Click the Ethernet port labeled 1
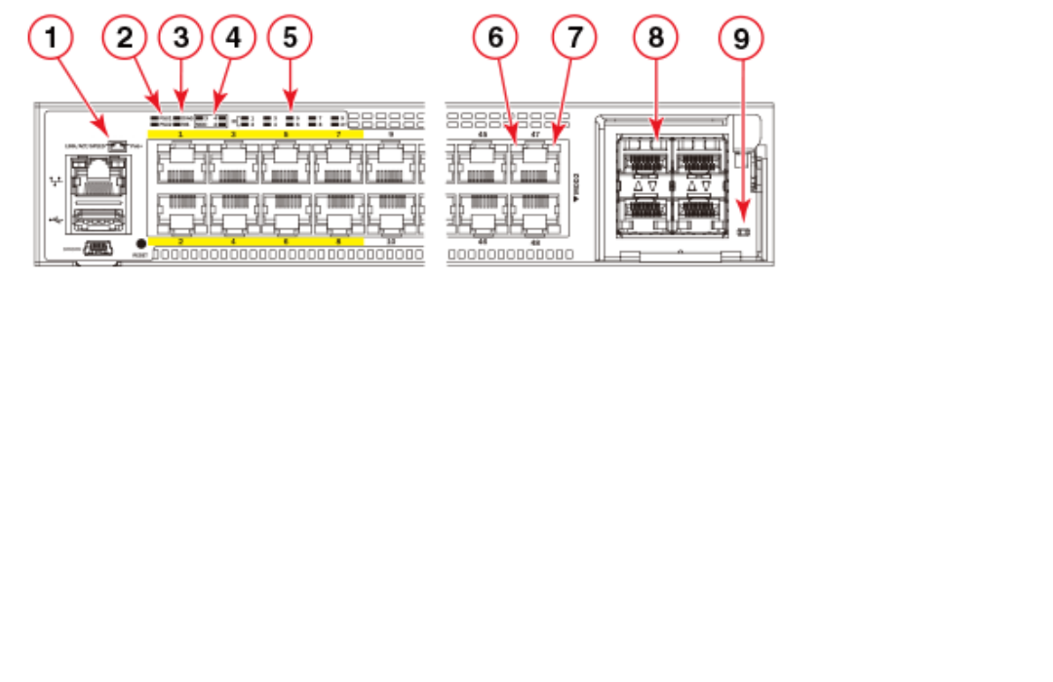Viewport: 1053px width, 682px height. point(180,163)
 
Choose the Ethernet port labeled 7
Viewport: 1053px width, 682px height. point(338,163)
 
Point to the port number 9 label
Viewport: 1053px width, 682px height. point(391,134)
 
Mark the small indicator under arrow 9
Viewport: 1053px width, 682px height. point(743,232)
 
